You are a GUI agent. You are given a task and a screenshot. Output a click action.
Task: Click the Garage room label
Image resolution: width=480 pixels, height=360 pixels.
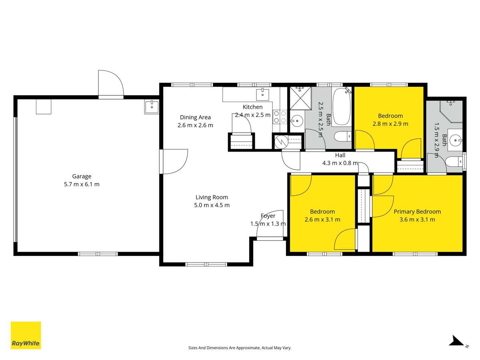[x=82, y=176]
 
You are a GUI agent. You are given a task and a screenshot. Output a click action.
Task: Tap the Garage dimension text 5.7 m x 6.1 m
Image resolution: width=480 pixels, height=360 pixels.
[x=82, y=184]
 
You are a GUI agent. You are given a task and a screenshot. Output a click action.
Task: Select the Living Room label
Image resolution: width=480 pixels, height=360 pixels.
[x=212, y=197]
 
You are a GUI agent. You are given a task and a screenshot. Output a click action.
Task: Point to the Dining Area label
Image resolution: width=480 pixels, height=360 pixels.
[x=195, y=117]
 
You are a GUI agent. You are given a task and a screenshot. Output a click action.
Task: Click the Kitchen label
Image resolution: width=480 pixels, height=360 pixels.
[x=253, y=107]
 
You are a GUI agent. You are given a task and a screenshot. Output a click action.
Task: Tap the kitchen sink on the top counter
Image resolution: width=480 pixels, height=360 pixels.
[x=264, y=94]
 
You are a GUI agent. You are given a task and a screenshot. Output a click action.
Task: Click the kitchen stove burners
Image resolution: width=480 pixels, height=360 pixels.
[x=280, y=116]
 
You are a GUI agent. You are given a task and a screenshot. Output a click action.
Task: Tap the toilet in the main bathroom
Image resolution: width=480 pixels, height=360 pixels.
[x=342, y=137]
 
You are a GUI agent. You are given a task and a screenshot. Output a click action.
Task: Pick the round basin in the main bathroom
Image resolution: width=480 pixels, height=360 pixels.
[x=297, y=120]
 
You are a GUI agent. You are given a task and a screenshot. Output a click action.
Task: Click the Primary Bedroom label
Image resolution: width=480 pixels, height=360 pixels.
[x=417, y=212]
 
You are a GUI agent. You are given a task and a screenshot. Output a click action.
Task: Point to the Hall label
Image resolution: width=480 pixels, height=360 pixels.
[x=340, y=155]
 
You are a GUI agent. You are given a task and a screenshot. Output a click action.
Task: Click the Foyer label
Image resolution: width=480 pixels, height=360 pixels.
[x=268, y=216]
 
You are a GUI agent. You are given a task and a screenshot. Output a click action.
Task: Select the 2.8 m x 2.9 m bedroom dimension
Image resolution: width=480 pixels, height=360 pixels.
[x=390, y=124]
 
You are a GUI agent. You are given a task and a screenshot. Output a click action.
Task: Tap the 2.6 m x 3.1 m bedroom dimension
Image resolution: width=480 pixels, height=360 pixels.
[x=322, y=220]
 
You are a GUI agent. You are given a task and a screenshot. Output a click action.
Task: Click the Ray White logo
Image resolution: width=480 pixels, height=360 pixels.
[x=26, y=335]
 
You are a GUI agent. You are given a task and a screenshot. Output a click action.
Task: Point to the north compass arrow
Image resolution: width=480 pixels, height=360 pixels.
[x=456, y=341]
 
